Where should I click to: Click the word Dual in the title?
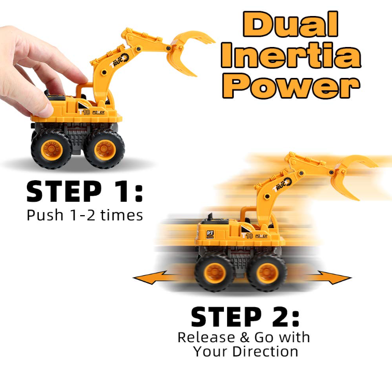click(291, 24)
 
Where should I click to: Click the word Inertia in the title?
click(291, 55)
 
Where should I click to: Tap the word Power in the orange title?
click(292, 85)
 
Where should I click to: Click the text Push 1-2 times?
click(85, 215)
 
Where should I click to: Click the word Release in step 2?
click(206, 337)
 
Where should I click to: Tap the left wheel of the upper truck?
click(52, 149)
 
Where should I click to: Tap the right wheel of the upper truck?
click(104, 149)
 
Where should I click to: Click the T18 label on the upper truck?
click(84, 112)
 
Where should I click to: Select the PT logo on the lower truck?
click(210, 234)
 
